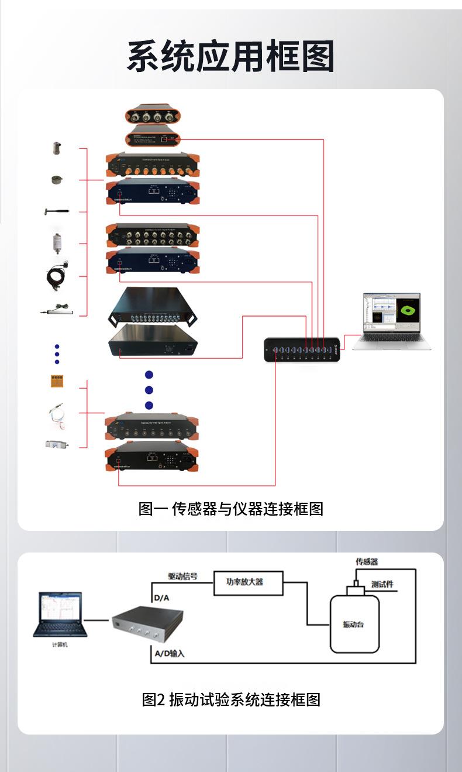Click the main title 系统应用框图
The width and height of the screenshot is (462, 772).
[x=230, y=57]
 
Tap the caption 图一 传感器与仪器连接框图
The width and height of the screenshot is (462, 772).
[x=230, y=509]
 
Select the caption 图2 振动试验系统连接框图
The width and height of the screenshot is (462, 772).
[x=231, y=699]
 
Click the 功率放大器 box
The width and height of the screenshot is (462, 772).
[x=248, y=582]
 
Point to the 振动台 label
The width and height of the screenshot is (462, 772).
[x=353, y=624]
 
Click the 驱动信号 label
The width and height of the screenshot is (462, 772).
[x=182, y=576]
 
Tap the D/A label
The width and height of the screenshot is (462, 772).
[x=161, y=598]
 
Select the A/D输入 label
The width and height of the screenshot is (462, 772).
[x=170, y=653]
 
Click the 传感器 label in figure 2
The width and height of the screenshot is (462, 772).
[x=367, y=561]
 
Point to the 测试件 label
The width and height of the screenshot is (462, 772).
[x=382, y=584]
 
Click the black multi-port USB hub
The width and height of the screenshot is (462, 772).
[x=302, y=349]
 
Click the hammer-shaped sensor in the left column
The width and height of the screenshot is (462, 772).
[x=57, y=211]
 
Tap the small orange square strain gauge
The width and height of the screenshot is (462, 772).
[x=57, y=382]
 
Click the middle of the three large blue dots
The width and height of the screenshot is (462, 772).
[x=149, y=390]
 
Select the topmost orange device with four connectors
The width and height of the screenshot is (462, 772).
[x=153, y=116]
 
